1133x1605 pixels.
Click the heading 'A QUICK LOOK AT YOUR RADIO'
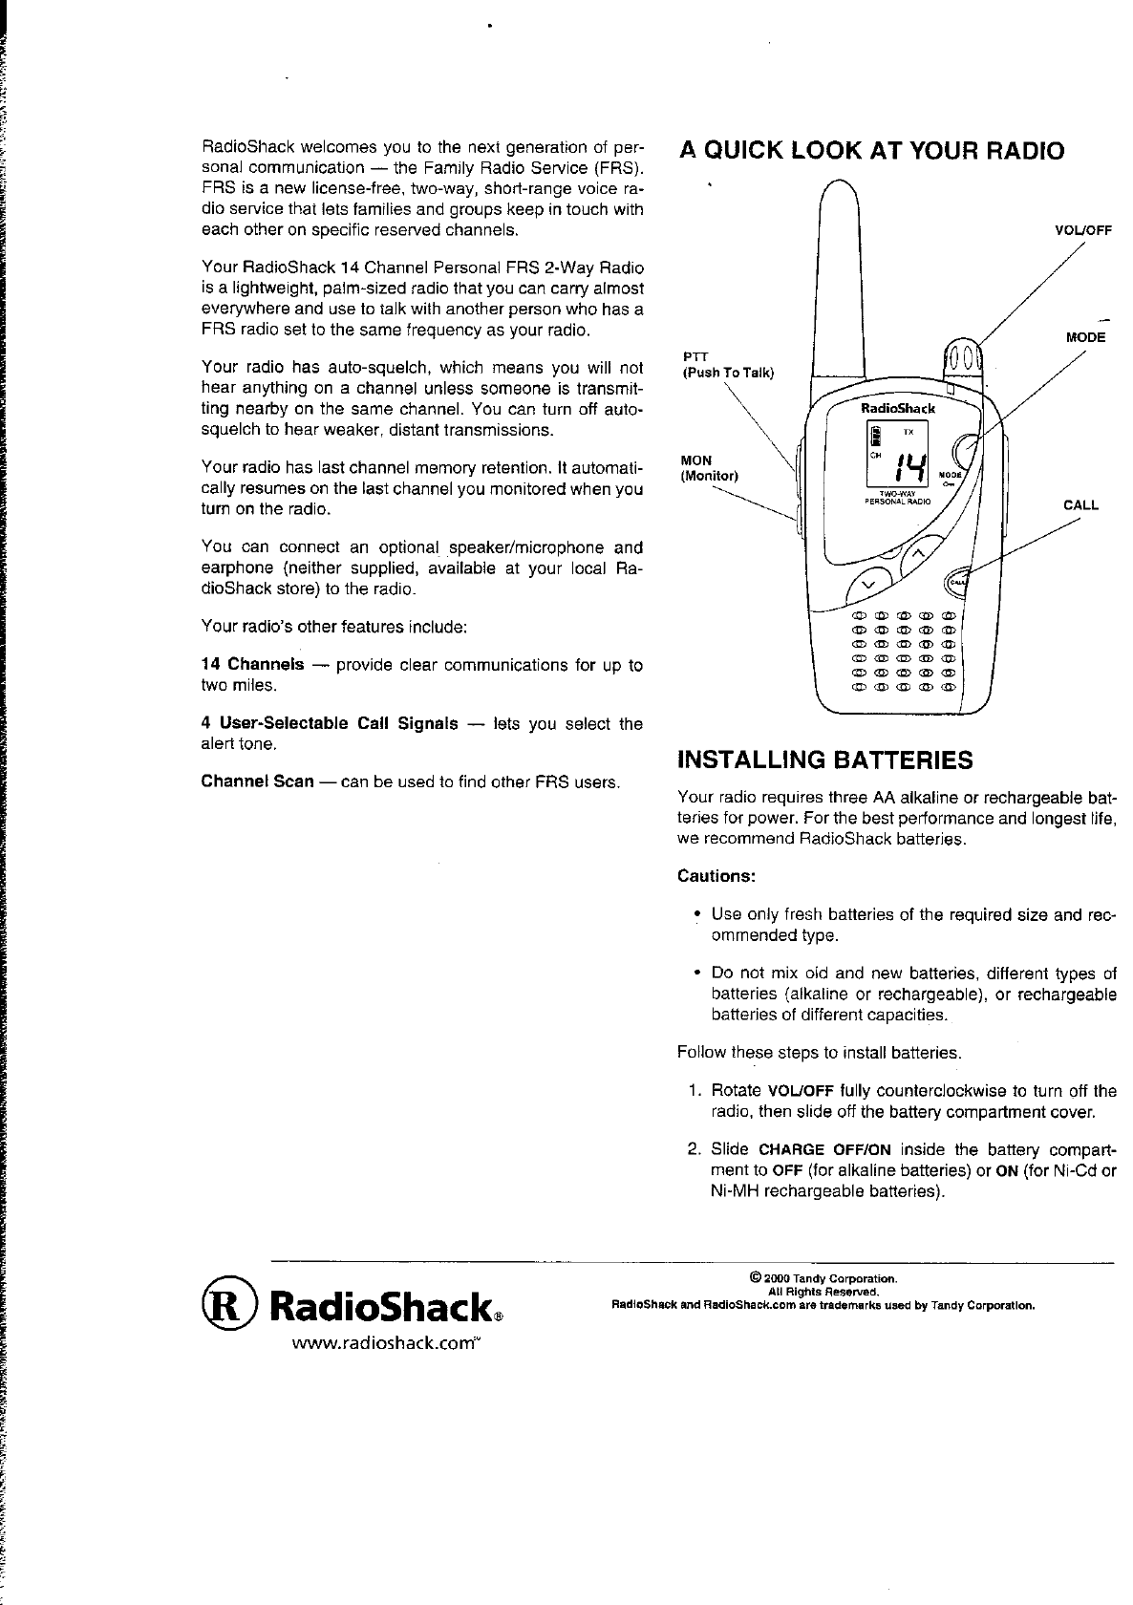click(870, 151)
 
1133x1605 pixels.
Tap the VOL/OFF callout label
click(1083, 229)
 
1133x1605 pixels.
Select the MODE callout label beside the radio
click(1085, 337)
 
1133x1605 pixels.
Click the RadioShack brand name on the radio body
click(899, 408)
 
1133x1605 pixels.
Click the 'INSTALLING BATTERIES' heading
click(824, 760)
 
